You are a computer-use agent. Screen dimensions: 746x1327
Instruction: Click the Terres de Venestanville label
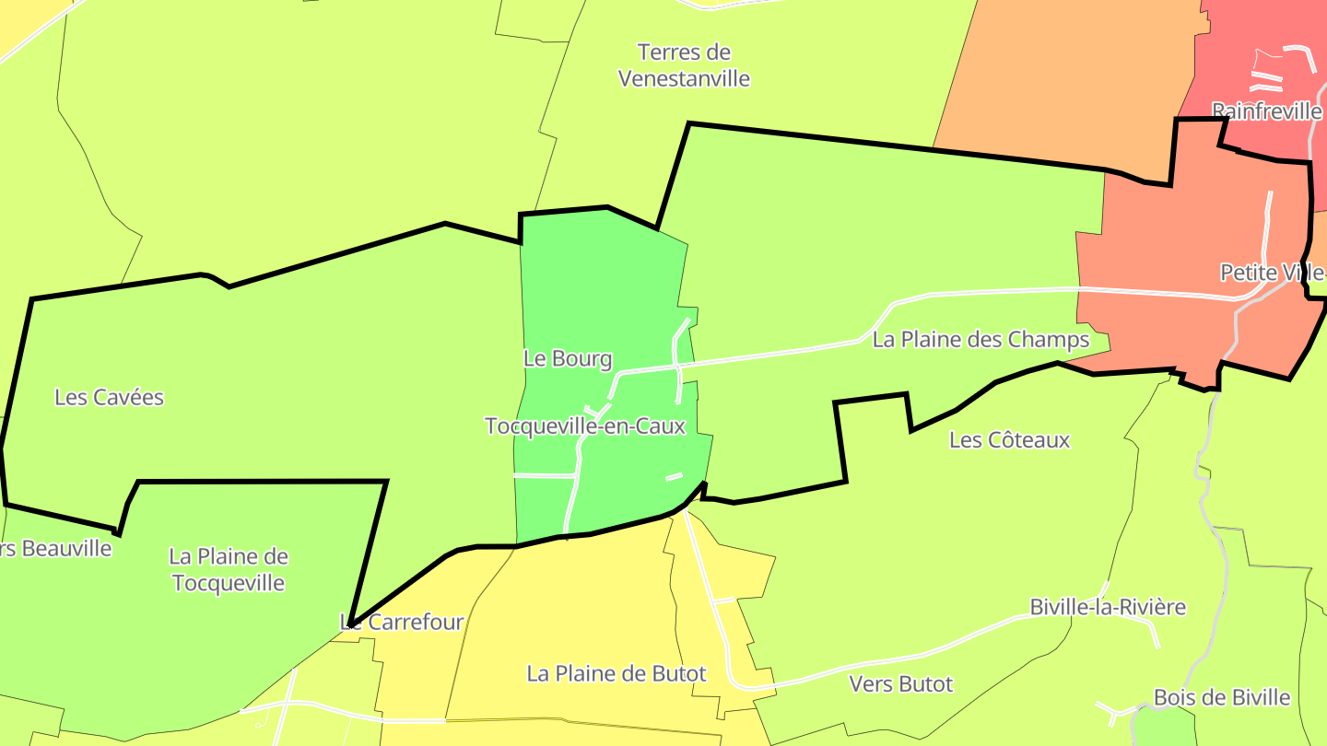tap(684, 65)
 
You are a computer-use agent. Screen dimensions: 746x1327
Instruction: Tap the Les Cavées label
tap(109, 398)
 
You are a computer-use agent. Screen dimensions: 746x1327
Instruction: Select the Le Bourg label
tap(568, 359)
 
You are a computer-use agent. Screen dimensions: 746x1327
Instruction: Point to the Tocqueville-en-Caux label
tap(585, 426)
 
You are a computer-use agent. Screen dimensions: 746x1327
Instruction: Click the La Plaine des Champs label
tap(981, 340)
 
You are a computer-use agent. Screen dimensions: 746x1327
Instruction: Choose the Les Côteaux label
tap(1009, 440)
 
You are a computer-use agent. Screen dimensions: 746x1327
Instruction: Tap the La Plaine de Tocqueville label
tap(229, 570)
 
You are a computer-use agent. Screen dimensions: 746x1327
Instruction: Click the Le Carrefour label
tap(402, 623)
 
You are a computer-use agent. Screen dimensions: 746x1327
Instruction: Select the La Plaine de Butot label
tap(617, 673)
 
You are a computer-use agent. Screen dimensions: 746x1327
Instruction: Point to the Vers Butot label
tap(900, 684)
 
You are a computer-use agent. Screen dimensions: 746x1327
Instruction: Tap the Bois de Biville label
tap(1222, 697)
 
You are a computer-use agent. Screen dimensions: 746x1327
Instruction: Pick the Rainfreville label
tap(1266, 111)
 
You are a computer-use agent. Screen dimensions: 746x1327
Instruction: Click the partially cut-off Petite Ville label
tap(1273, 273)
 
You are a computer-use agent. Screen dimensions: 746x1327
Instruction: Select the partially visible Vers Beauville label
tap(55, 549)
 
